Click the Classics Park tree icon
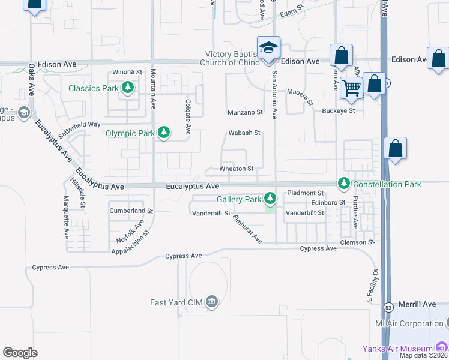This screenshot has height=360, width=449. tap(127, 88)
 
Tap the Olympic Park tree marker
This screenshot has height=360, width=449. tap(163, 133)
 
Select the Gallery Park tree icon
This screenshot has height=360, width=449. tap(271, 197)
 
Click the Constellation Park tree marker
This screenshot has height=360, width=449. tap(344, 182)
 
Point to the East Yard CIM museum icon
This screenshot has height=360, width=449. tap(211, 301)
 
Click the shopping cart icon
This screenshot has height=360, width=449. tap(352, 88)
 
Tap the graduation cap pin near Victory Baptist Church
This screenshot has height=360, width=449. tap(268, 47)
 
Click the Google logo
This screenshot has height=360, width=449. tap(20, 353)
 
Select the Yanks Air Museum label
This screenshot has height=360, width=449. tap(397, 349)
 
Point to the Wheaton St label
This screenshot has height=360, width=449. tap(237, 169)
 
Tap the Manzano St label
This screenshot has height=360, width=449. tap(245, 112)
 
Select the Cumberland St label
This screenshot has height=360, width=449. tap(131, 211)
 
